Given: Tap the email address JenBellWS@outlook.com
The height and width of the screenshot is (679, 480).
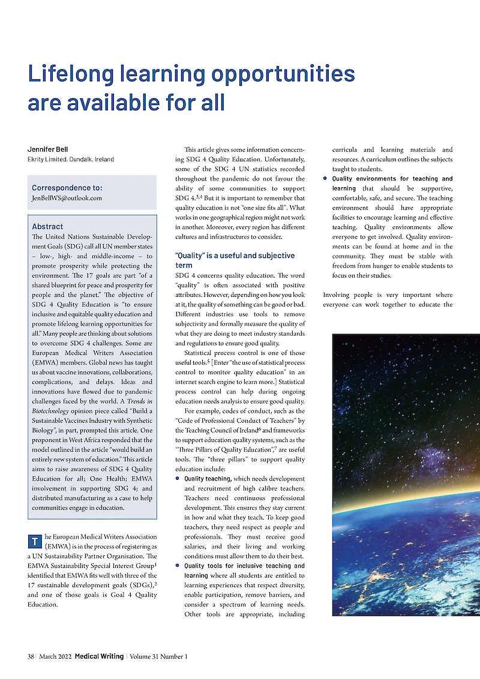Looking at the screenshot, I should click(67, 198).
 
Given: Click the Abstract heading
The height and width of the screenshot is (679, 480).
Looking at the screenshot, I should click(47, 227).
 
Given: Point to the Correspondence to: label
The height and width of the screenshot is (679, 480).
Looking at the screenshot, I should click(67, 188).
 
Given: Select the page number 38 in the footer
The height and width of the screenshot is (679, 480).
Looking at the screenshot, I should click(31, 656).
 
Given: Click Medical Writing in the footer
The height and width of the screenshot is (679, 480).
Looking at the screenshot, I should click(99, 656).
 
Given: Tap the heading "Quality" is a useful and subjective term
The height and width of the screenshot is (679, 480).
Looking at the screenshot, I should click(235, 260).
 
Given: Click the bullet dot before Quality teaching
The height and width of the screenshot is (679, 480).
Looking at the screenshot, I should click(178, 479).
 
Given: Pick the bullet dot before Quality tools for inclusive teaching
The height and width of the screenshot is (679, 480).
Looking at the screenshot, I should click(178, 566).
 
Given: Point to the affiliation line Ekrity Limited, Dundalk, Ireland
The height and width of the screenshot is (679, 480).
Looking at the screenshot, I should click(71, 160).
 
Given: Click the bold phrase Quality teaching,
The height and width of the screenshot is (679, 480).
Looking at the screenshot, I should click(208, 479).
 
